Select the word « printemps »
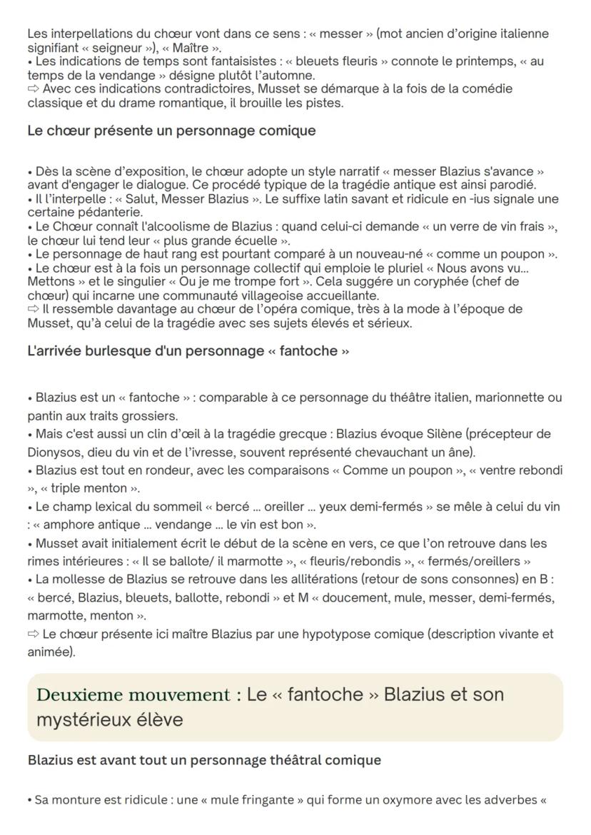453,61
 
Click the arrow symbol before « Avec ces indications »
34,88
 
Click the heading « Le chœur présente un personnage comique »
171,131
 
